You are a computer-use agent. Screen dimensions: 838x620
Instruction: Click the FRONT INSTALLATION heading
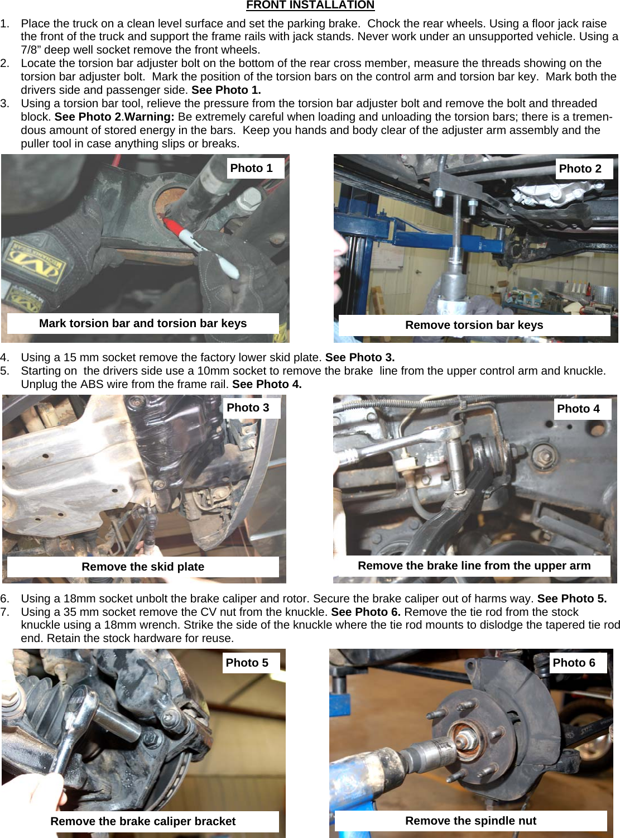click(310, 6)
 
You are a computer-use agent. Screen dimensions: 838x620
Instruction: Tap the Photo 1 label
click(252, 168)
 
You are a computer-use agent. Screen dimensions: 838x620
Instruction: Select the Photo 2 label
click(580, 169)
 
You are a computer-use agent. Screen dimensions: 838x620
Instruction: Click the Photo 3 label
click(248, 408)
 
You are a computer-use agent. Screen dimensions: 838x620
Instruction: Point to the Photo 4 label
click(579, 409)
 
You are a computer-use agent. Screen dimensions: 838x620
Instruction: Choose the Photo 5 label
click(247, 663)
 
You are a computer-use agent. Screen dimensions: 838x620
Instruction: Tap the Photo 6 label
click(574, 663)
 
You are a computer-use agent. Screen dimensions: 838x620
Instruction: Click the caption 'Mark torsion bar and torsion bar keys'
click(143, 323)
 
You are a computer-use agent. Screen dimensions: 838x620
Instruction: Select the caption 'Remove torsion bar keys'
click(474, 325)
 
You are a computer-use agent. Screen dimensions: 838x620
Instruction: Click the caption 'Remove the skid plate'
click(143, 567)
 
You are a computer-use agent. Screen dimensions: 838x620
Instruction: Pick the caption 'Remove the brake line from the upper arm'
click(474, 566)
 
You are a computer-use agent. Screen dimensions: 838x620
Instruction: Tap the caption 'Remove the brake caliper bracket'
click(143, 821)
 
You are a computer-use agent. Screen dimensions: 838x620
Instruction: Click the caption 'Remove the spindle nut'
click(470, 821)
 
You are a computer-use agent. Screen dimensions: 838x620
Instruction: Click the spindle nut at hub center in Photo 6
click(462, 740)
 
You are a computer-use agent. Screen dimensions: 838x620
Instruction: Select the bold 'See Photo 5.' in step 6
click(571, 598)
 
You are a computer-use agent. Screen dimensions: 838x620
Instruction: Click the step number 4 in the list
click(4, 357)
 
